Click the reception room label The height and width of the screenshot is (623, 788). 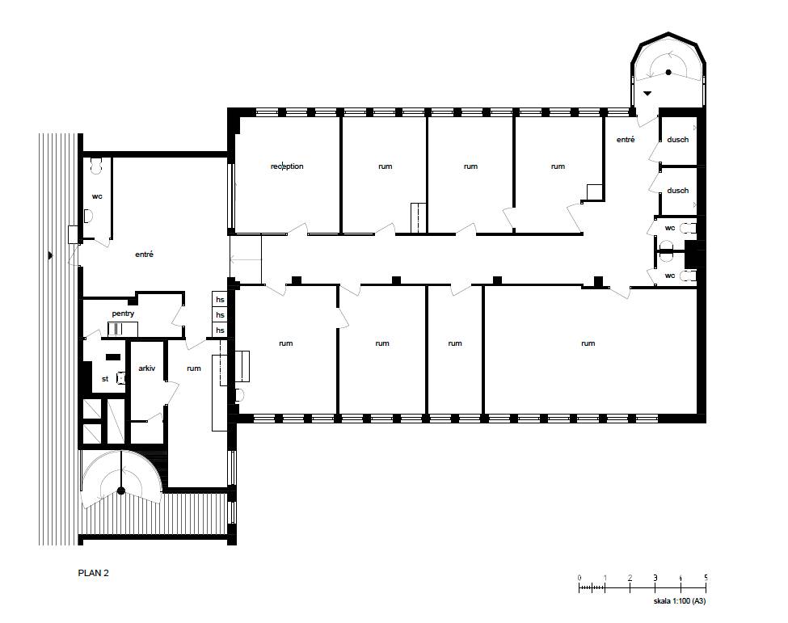pos(287,166)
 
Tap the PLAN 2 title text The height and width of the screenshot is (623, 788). pos(94,573)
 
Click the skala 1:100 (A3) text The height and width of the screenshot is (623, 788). pos(680,601)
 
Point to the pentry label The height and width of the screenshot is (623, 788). pos(123,314)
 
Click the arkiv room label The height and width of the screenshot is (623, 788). pos(147,368)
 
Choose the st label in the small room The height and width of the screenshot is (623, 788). pos(105,379)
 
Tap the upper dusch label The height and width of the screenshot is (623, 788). pos(678,140)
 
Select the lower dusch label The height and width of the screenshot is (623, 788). pos(678,191)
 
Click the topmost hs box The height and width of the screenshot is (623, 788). pos(220,300)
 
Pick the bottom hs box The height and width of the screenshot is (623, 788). pos(220,330)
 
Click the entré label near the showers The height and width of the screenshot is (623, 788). pos(626,140)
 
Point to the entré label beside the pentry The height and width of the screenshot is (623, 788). pos(144,255)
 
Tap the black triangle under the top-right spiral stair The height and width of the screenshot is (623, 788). pos(647,93)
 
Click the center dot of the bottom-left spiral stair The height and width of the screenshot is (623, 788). pos(120,490)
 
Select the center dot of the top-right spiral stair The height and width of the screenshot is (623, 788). pos(669,73)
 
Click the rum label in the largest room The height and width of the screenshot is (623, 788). pos(588,343)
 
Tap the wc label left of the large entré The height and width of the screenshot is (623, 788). pos(97,196)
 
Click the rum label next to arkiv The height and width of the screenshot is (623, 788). pos(194,368)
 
